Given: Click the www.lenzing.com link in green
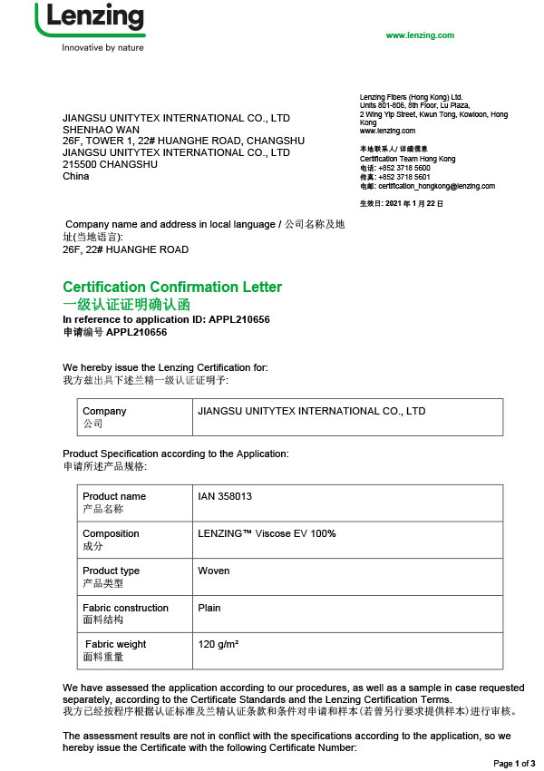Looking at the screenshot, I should pos(420,35).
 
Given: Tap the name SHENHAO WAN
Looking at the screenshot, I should pos(97,130).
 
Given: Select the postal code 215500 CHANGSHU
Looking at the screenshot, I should pos(110,164).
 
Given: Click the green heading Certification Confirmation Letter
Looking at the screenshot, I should pos(172,288).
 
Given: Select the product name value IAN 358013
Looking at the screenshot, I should pos(225,496).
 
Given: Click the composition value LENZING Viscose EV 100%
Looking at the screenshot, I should pos(267,533).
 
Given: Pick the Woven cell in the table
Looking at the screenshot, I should pos(214,571).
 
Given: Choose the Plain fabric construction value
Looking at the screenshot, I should pos(209,608).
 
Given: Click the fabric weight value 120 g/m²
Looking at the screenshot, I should pos(224,644).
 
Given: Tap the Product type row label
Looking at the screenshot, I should pos(111,571).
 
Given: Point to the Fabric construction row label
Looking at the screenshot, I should pos(125,608).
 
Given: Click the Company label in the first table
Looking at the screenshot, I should pos(104,411).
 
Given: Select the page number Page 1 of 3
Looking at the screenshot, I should pos(514,763).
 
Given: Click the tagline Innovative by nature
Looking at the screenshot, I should pos(102,48).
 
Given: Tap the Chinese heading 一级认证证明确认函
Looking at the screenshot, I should pos(127,305).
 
